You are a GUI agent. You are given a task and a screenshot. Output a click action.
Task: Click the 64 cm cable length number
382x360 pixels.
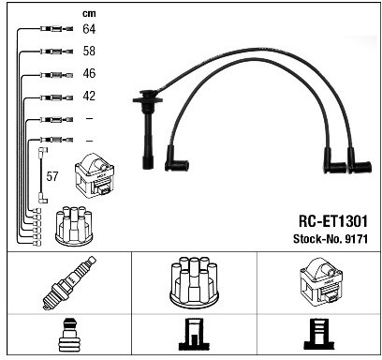tap(89, 29)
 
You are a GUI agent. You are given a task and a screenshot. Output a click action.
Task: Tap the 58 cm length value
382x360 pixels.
tap(89, 51)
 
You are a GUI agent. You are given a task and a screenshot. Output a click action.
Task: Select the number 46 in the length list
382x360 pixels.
tap(89, 73)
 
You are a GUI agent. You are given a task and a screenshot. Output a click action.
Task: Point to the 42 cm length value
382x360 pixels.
tap(89, 96)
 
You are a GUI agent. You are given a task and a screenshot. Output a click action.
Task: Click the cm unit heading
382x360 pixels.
tap(89, 13)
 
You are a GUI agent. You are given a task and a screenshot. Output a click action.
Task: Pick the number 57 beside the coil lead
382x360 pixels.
tap(52, 176)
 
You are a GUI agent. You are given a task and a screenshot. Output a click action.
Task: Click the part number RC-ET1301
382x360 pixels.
tap(333, 221)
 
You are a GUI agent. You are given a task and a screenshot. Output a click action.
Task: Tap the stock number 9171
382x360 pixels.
tap(356, 239)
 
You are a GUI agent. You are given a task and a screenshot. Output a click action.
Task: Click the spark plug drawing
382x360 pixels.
tap(69, 283)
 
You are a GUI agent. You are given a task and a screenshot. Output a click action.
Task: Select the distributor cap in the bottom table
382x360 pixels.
tap(194, 281)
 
